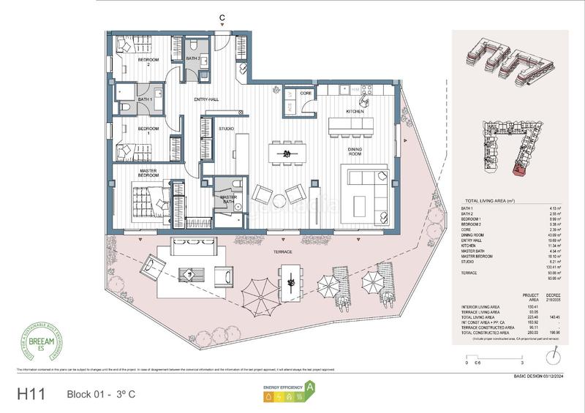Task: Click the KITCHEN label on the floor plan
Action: pos(355,112)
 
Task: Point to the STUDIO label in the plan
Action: pos(227,129)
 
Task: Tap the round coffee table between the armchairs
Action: pos(279,200)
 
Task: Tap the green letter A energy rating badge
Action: pos(310,387)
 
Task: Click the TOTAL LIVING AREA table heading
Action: pos(486,200)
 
